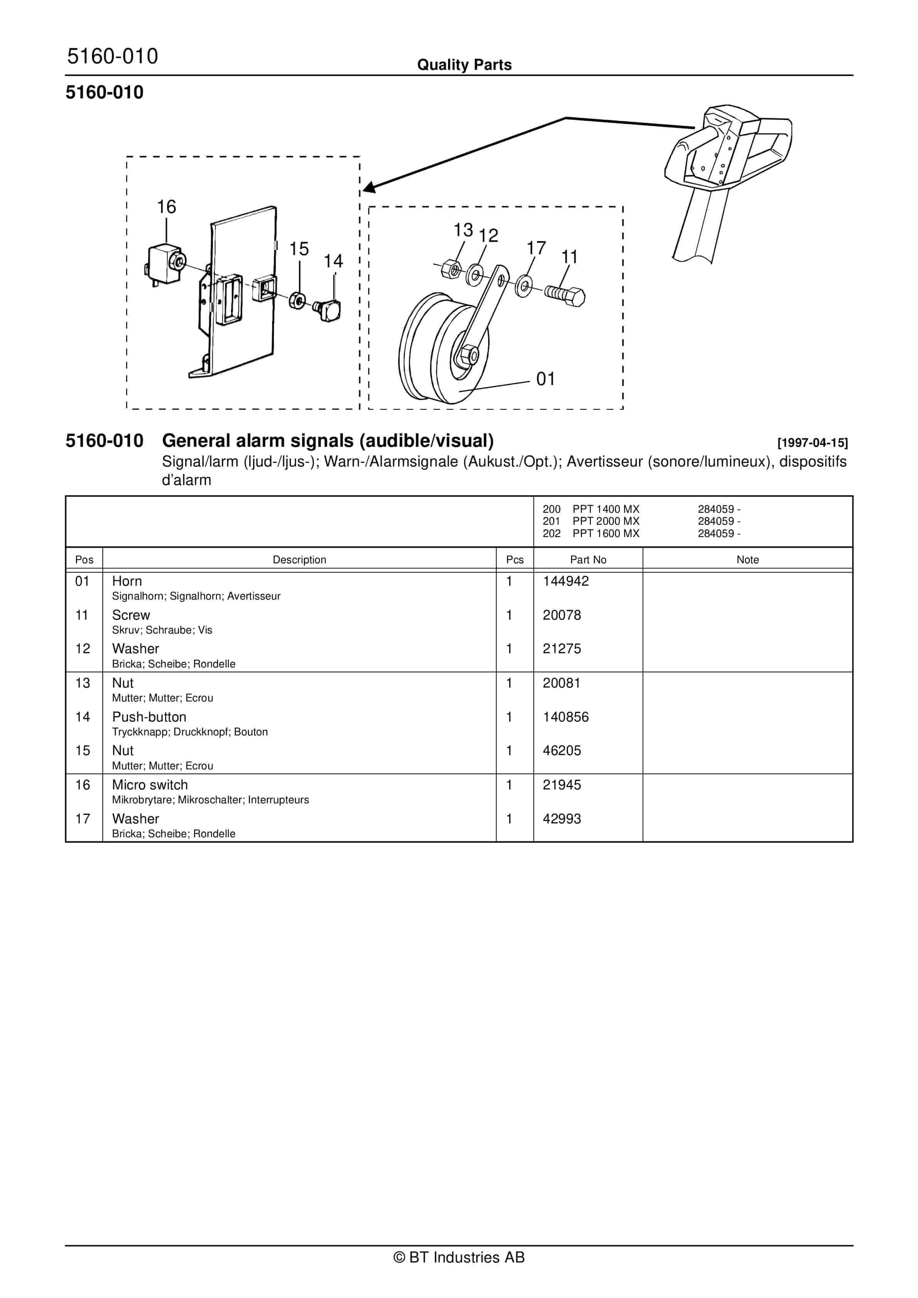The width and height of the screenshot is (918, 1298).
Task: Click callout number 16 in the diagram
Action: [x=166, y=207]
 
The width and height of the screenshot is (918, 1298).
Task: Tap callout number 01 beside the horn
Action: [x=545, y=379]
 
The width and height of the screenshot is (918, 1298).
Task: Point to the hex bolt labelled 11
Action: [x=565, y=295]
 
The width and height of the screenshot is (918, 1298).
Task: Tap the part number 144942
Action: [x=565, y=581]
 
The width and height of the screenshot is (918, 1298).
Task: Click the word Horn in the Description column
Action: [x=127, y=581]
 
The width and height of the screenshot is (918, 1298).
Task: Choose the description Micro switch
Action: [x=150, y=785]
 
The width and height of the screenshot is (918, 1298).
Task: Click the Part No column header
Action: [x=588, y=560]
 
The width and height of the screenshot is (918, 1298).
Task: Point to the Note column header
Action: [x=747, y=560]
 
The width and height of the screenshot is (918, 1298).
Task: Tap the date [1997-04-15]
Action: [x=812, y=443]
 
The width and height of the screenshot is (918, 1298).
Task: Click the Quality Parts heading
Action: [x=464, y=65]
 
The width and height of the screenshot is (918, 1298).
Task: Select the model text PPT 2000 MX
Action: [x=606, y=521]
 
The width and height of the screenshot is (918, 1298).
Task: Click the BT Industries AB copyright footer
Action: [x=459, y=1257]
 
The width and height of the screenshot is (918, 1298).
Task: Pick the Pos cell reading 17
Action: [x=83, y=819]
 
